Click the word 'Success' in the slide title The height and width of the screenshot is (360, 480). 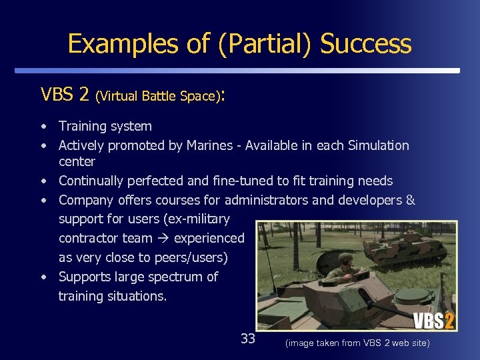tap(365, 44)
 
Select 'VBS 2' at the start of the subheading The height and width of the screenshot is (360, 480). tap(65, 95)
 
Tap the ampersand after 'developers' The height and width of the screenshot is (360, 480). tap(410, 200)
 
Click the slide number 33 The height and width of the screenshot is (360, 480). tap(248, 339)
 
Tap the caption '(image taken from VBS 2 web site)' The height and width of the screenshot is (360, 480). tap(357, 343)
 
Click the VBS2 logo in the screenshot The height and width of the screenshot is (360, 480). tap(433, 321)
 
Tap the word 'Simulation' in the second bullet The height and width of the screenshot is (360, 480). tap(379, 145)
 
